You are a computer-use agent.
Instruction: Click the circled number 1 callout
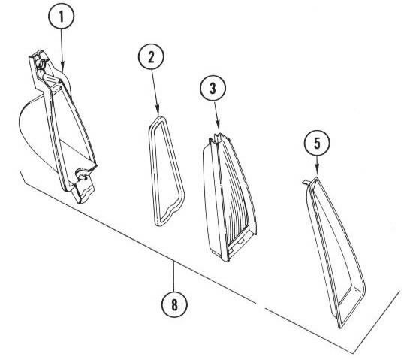point(61,16)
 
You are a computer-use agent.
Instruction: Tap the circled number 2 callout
point(151,56)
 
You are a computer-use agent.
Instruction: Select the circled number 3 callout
point(213,88)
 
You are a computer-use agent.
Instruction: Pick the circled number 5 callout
point(317,143)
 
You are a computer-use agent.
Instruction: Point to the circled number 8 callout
point(174,304)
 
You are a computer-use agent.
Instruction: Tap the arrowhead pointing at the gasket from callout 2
point(158,110)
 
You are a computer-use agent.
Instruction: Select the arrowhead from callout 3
point(219,126)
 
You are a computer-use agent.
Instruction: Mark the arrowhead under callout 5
point(317,171)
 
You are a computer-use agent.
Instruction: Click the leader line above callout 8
point(174,277)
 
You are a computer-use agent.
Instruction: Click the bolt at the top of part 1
point(41,63)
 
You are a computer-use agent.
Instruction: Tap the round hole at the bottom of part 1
point(82,177)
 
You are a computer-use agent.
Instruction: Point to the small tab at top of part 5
point(306,182)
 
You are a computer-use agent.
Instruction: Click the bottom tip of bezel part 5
point(340,328)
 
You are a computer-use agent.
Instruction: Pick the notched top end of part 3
point(216,138)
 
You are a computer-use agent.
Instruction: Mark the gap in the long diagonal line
point(261,306)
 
